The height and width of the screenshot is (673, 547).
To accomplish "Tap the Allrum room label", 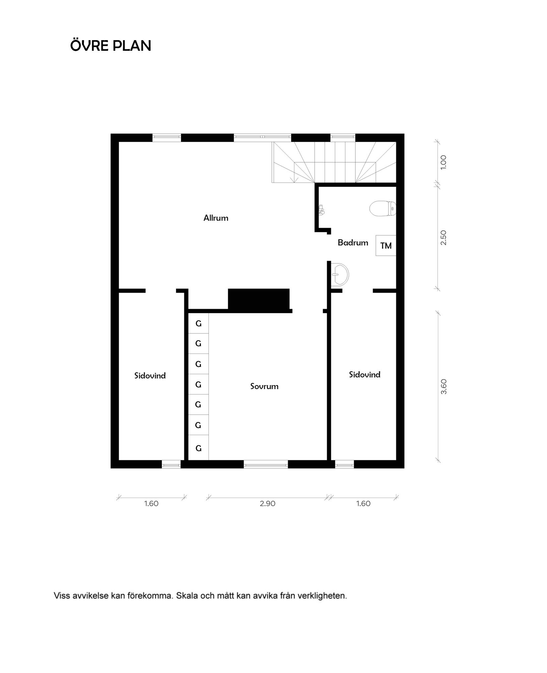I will pyautogui.click(x=216, y=218).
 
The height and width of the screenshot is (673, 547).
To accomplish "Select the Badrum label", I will pyautogui.click(x=353, y=242).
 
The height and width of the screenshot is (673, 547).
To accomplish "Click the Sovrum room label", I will pyautogui.click(x=264, y=386).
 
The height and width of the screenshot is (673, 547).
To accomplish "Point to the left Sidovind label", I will pyautogui.click(x=150, y=375).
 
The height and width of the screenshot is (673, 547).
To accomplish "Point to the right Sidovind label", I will pyautogui.click(x=364, y=374).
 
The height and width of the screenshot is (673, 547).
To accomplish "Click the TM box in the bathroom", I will pyautogui.click(x=386, y=245).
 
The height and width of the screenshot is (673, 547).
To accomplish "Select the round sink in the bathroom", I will pyautogui.click(x=340, y=274).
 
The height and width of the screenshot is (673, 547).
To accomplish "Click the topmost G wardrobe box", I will pyautogui.click(x=199, y=323).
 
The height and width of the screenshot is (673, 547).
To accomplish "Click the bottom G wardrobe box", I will pyautogui.click(x=199, y=448).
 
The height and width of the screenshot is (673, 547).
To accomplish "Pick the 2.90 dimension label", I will pyautogui.click(x=268, y=504).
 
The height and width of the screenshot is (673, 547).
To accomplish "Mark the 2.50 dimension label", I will pyautogui.click(x=444, y=237).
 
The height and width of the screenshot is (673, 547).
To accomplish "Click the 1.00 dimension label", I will pyautogui.click(x=444, y=163).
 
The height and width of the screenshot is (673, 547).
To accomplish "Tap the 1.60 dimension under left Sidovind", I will pyautogui.click(x=151, y=504).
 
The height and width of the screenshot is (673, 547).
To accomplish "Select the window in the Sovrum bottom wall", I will pyautogui.click(x=266, y=464).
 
